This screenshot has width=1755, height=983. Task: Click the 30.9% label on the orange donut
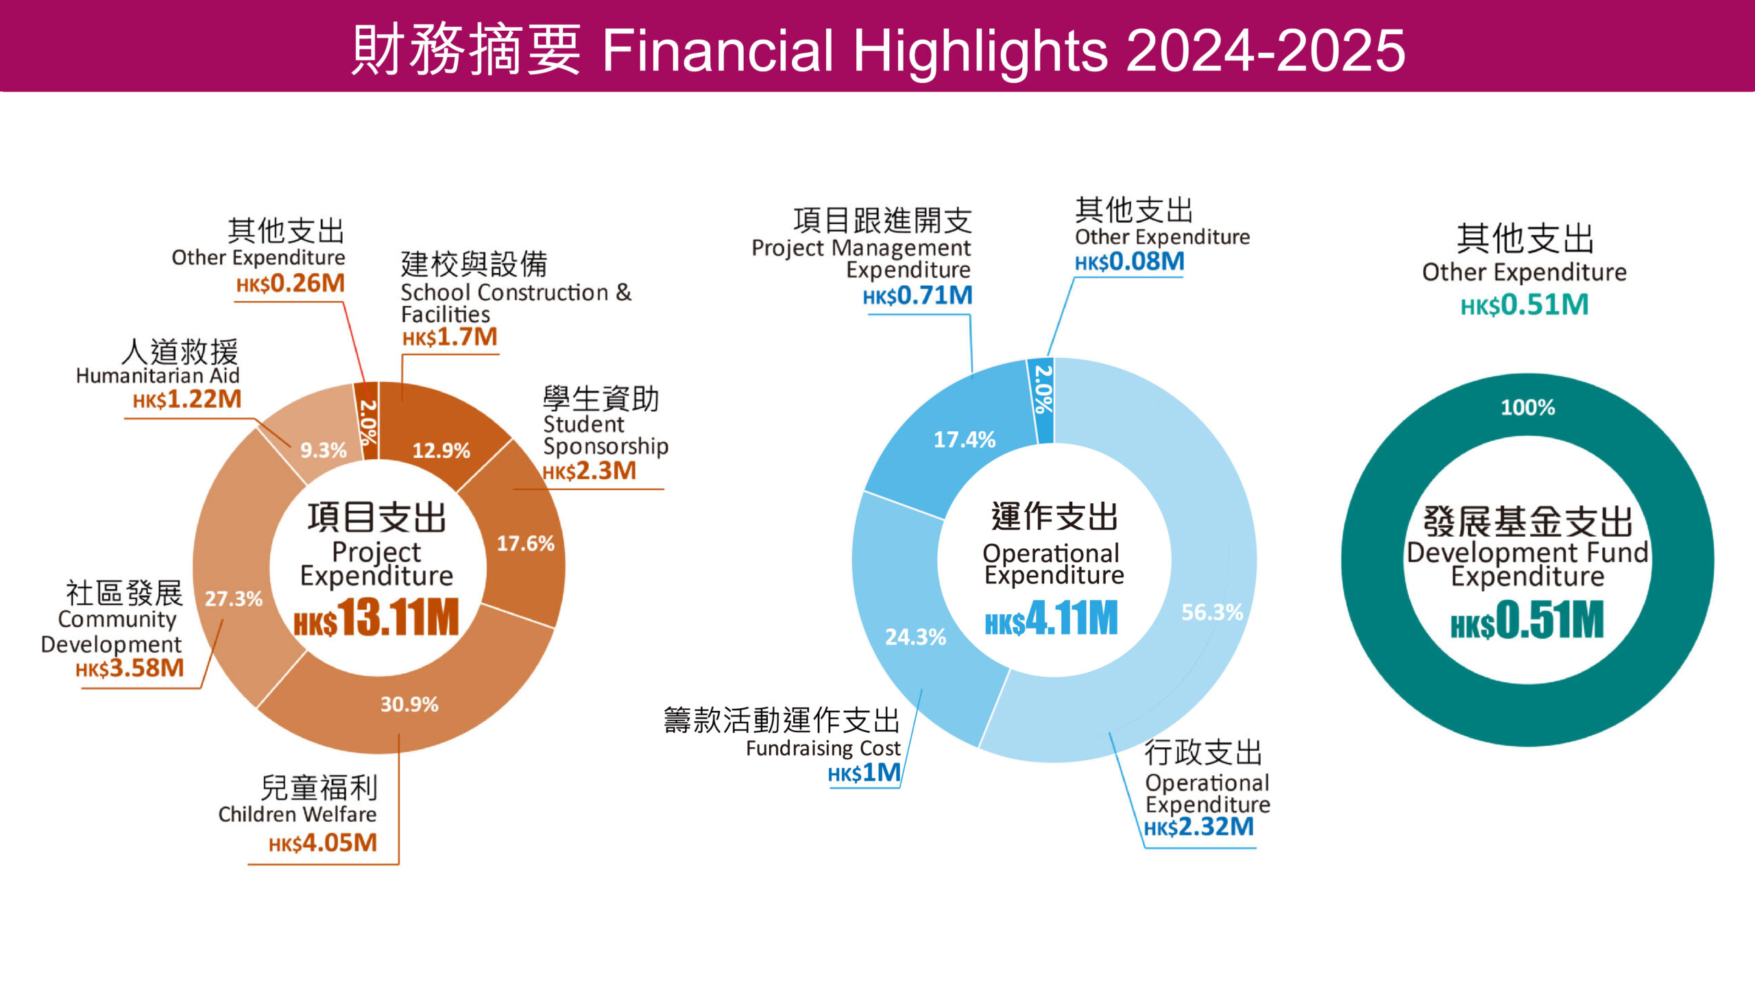(409, 704)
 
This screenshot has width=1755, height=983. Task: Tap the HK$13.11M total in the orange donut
(376, 618)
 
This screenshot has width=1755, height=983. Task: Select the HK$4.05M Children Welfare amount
(323, 842)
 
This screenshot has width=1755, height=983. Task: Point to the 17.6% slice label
(525, 544)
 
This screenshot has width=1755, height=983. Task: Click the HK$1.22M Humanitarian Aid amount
(187, 399)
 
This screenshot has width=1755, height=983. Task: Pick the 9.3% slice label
(323, 450)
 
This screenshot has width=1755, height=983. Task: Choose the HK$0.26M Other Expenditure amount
(290, 283)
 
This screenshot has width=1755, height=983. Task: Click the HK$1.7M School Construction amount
(450, 337)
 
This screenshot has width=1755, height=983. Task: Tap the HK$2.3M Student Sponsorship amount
(589, 471)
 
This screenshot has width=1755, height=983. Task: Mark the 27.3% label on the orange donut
(234, 598)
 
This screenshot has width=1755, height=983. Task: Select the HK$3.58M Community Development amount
(130, 668)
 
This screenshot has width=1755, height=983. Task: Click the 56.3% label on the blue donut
(1212, 612)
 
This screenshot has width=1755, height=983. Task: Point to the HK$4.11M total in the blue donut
(1051, 618)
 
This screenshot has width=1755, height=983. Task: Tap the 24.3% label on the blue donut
(915, 637)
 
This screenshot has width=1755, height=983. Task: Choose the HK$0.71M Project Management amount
(917, 295)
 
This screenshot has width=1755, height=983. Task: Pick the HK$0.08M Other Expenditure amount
(1129, 262)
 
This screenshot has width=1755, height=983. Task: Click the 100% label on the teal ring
(1527, 408)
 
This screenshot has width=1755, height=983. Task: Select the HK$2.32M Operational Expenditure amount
(1198, 827)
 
